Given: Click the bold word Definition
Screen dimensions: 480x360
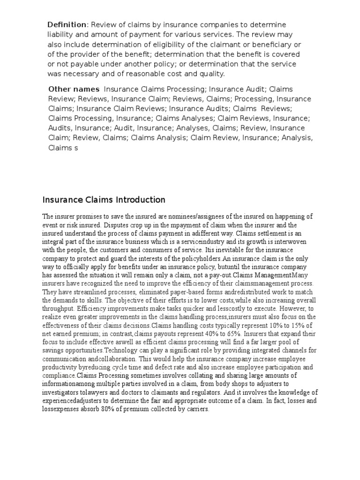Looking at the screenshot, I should (67, 24).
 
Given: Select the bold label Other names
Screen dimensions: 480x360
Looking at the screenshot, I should (74, 89).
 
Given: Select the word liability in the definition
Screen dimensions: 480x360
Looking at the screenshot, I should (60, 34).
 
